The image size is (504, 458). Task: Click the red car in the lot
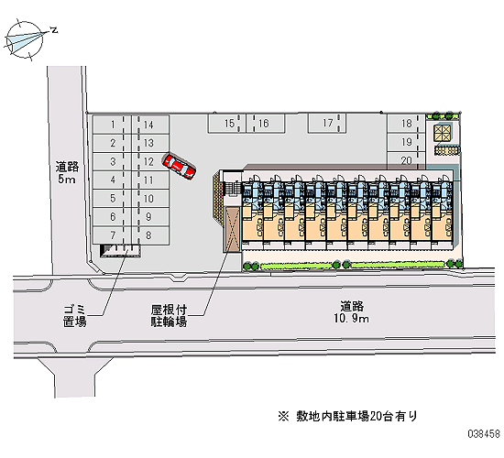pyautogui.click(x=179, y=166)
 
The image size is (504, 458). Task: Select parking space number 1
pyautogui.click(x=112, y=125)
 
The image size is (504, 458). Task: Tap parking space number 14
pyautogui.click(x=150, y=125)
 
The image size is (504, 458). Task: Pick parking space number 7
pyautogui.click(x=112, y=235)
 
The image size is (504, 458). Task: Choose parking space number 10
pyautogui.click(x=150, y=198)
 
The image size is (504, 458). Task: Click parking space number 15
pyautogui.click(x=226, y=123)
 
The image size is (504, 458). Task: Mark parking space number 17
pyautogui.click(x=327, y=123)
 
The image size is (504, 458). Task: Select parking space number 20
pyautogui.click(x=406, y=160)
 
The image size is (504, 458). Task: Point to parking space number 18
pyautogui.click(x=406, y=123)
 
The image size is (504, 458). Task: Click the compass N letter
pyautogui.click(x=54, y=30)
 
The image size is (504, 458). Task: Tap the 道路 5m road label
pyautogui.click(x=67, y=172)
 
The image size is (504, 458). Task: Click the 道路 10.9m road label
pyautogui.click(x=352, y=311)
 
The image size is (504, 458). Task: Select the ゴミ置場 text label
pyautogui.click(x=74, y=316)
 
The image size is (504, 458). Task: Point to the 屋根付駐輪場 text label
pyautogui.click(x=169, y=316)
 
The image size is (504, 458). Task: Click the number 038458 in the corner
pyautogui.click(x=484, y=434)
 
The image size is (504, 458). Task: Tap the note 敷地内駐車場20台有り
pyautogui.click(x=348, y=416)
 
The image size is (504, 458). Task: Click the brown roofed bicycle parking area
pyautogui.click(x=233, y=229)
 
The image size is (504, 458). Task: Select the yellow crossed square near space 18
pyautogui.click(x=443, y=133)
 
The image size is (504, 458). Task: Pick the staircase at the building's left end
pyautogui.click(x=233, y=188)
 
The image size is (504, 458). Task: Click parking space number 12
pyautogui.click(x=150, y=161)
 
